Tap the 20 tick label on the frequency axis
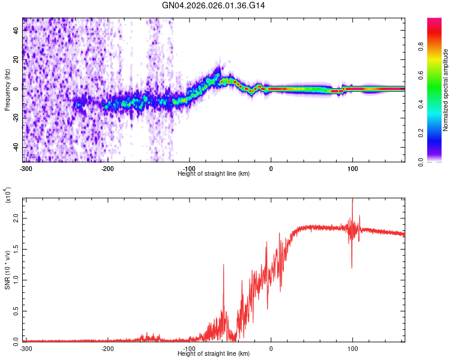coord(17,59)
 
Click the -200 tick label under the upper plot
coord(108,168)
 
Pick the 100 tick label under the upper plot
coord(353,168)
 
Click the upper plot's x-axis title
coord(214,173)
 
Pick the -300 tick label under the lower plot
coord(26,349)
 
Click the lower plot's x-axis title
coord(214,354)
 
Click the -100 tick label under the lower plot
coord(190,349)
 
